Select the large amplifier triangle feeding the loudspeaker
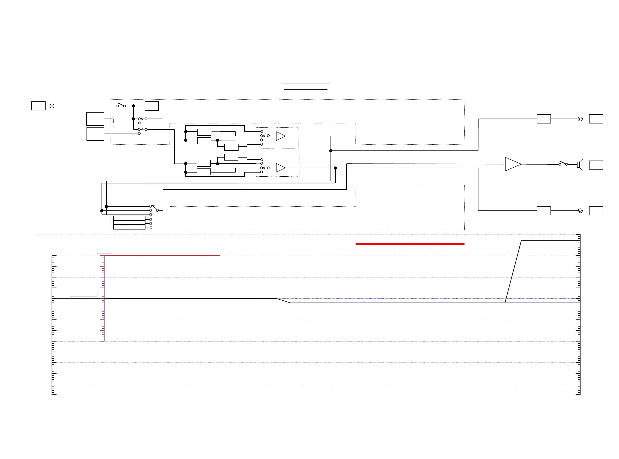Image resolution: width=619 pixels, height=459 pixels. pyautogui.click(x=512, y=164)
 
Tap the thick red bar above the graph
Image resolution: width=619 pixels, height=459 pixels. pyautogui.click(x=409, y=244)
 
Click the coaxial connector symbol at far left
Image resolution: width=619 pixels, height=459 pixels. pyautogui.click(x=52, y=106)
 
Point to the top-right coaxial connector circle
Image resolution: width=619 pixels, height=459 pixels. pyautogui.click(x=580, y=119)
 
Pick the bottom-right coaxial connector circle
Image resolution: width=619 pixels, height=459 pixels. pyautogui.click(x=580, y=211)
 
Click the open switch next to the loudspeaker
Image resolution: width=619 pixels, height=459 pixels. pyautogui.click(x=563, y=163)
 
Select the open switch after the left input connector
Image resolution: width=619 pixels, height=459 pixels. pyautogui.click(x=121, y=105)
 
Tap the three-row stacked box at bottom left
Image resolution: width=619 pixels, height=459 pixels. pyautogui.click(x=129, y=223)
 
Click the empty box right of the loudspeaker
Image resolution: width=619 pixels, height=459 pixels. pyautogui.click(x=596, y=165)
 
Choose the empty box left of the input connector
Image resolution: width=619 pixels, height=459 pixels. pyautogui.click(x=38, y=106)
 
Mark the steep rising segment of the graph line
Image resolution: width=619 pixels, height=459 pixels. pyautogui.click(x=513, y=272)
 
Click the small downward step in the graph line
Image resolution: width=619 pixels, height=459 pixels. pyautogui.click(x=283, y=300)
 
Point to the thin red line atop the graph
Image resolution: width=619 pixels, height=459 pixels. pyautogui.click(x=161, y=255)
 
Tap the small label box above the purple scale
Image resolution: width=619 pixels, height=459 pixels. pyautogui.click(x=104, y=251)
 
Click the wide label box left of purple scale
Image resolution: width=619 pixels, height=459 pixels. pyautogui.click(x=84, y=294)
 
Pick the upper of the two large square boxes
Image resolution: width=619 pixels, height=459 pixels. pyautogui.click(x=95, y=119)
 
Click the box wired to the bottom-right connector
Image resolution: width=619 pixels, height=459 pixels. pyautogui.click(x=544, y=211)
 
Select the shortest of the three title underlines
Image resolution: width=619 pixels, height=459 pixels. pyautogui.click(x=305, y=77)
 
